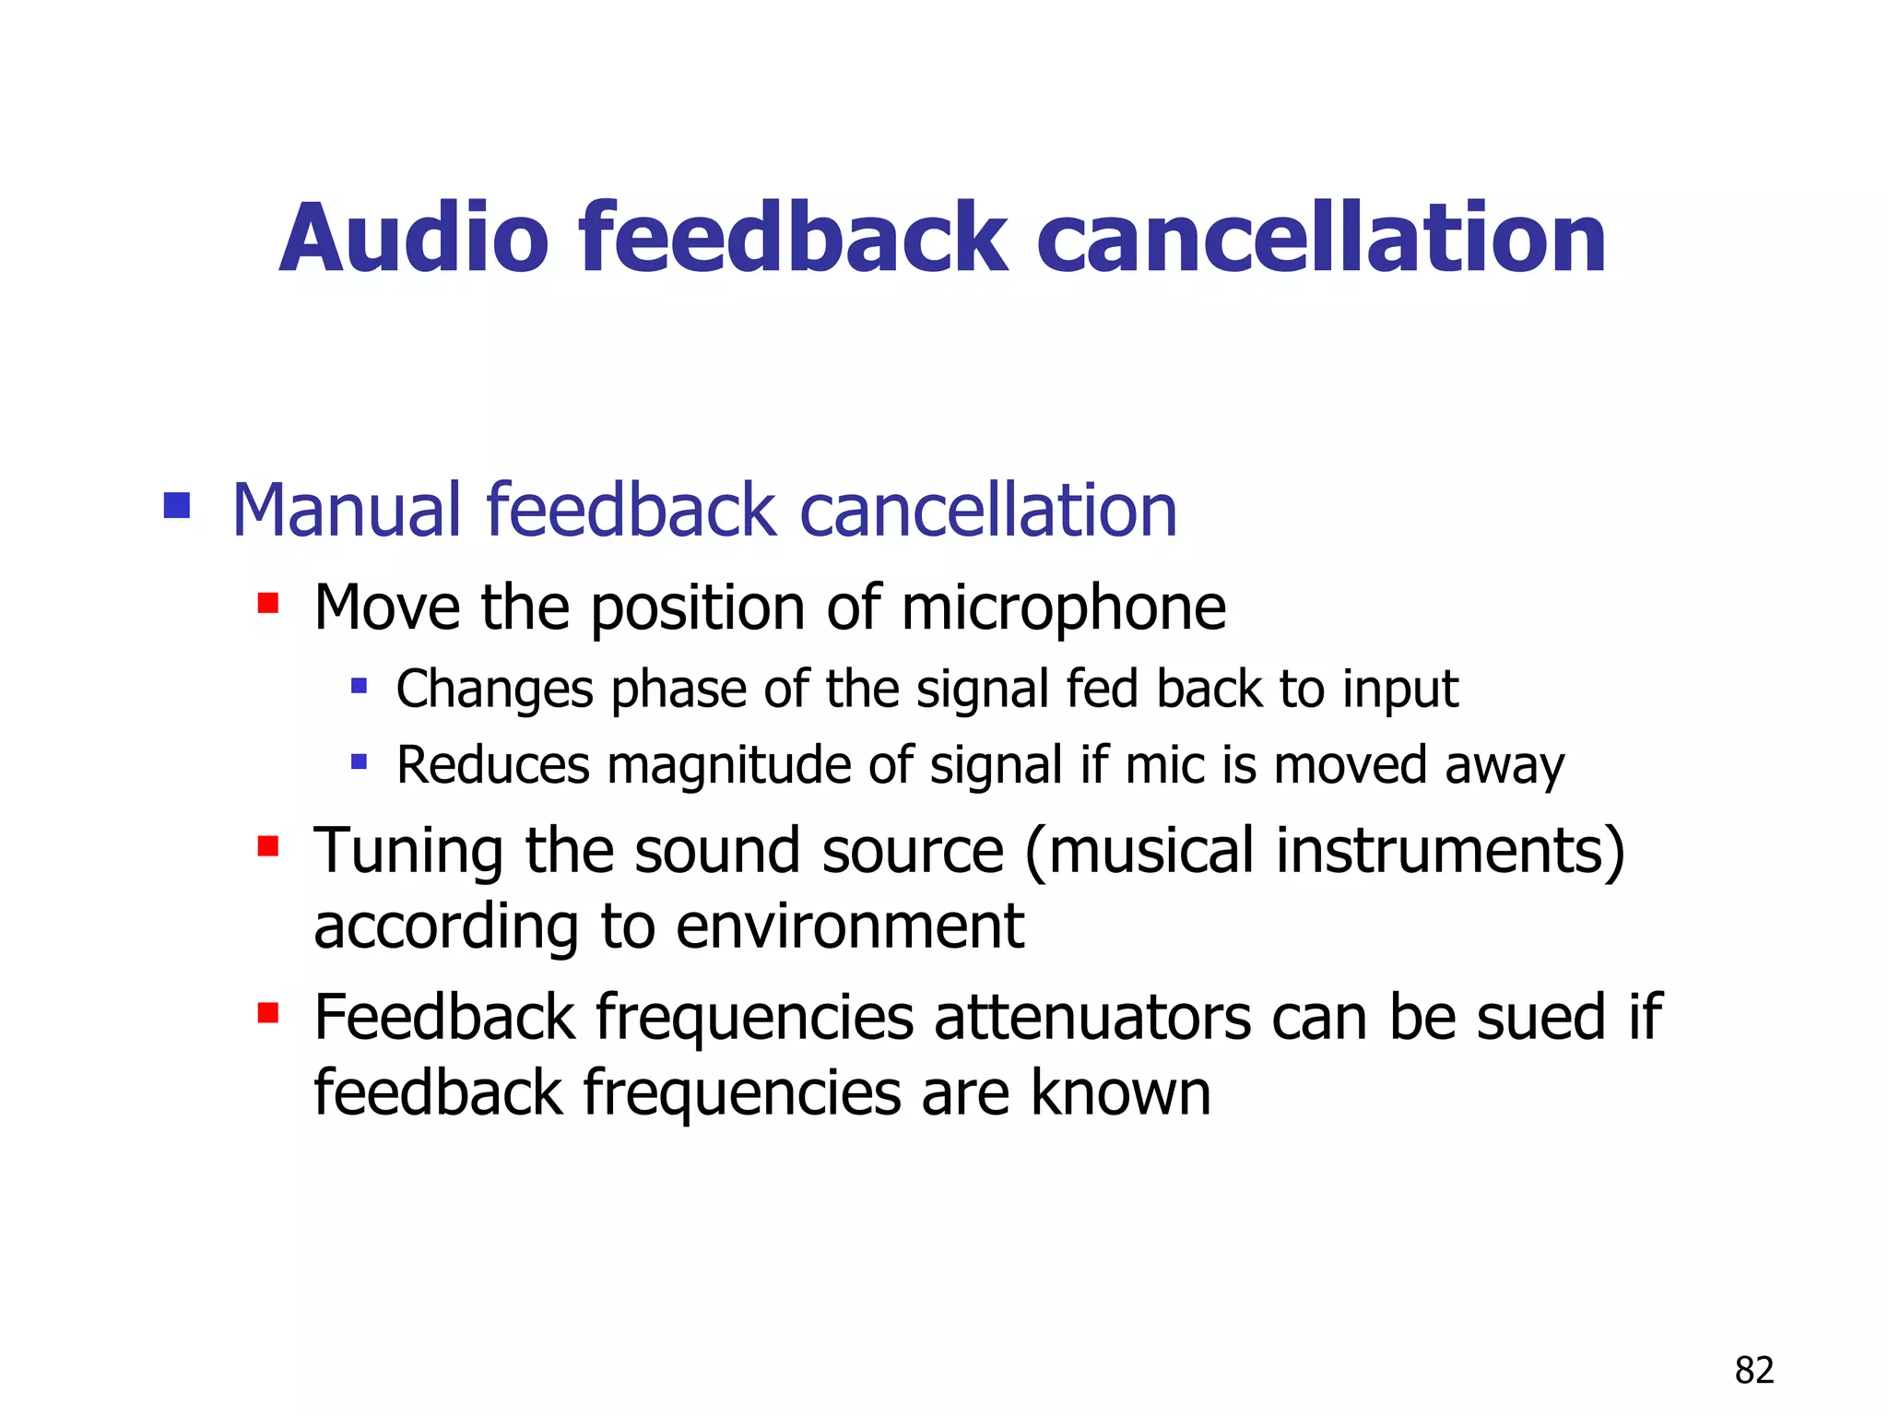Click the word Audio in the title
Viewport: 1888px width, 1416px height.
[x=414, y=239]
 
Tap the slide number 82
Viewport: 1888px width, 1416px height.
[x=1753, y=1371]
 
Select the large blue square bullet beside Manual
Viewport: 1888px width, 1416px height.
[x=177, y=505]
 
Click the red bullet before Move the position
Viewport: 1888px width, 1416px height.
[x=268, y=604]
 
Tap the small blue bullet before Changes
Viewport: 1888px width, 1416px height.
[x=360, y=686]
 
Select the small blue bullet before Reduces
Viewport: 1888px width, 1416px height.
[x=360, y=762]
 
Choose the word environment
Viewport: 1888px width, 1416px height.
[x=849, y=926]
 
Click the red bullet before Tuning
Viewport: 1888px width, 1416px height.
[x=268, y=846]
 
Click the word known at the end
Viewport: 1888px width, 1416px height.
[x=1120, y=1093]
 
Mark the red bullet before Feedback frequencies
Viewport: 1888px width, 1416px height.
[x=268, y=1014]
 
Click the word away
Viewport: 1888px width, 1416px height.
[x=1504, y=766]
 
